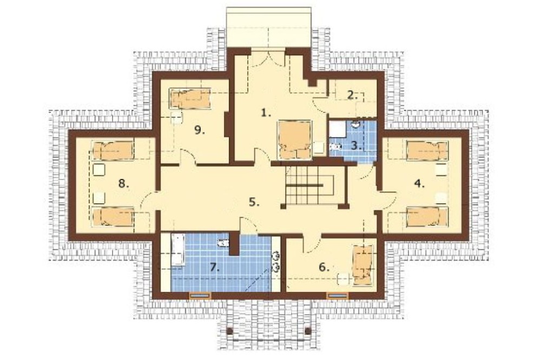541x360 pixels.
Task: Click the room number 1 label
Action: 265,113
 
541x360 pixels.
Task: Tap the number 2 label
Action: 352,95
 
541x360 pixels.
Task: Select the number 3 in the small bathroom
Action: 356,145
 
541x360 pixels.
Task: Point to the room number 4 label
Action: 419,184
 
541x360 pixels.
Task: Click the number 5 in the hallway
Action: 254,202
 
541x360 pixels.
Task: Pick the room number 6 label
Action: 324,267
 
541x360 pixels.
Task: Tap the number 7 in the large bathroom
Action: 215,267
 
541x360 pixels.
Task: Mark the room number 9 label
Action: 199,130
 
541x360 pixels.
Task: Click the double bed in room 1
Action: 294,139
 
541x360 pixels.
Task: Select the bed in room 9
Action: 190,98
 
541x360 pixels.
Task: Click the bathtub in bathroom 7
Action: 178,250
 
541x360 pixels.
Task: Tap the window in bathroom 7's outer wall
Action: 200,295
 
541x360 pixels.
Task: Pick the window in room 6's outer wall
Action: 338,295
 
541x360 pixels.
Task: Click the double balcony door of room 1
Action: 268,58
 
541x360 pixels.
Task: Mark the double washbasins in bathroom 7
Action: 276,262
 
